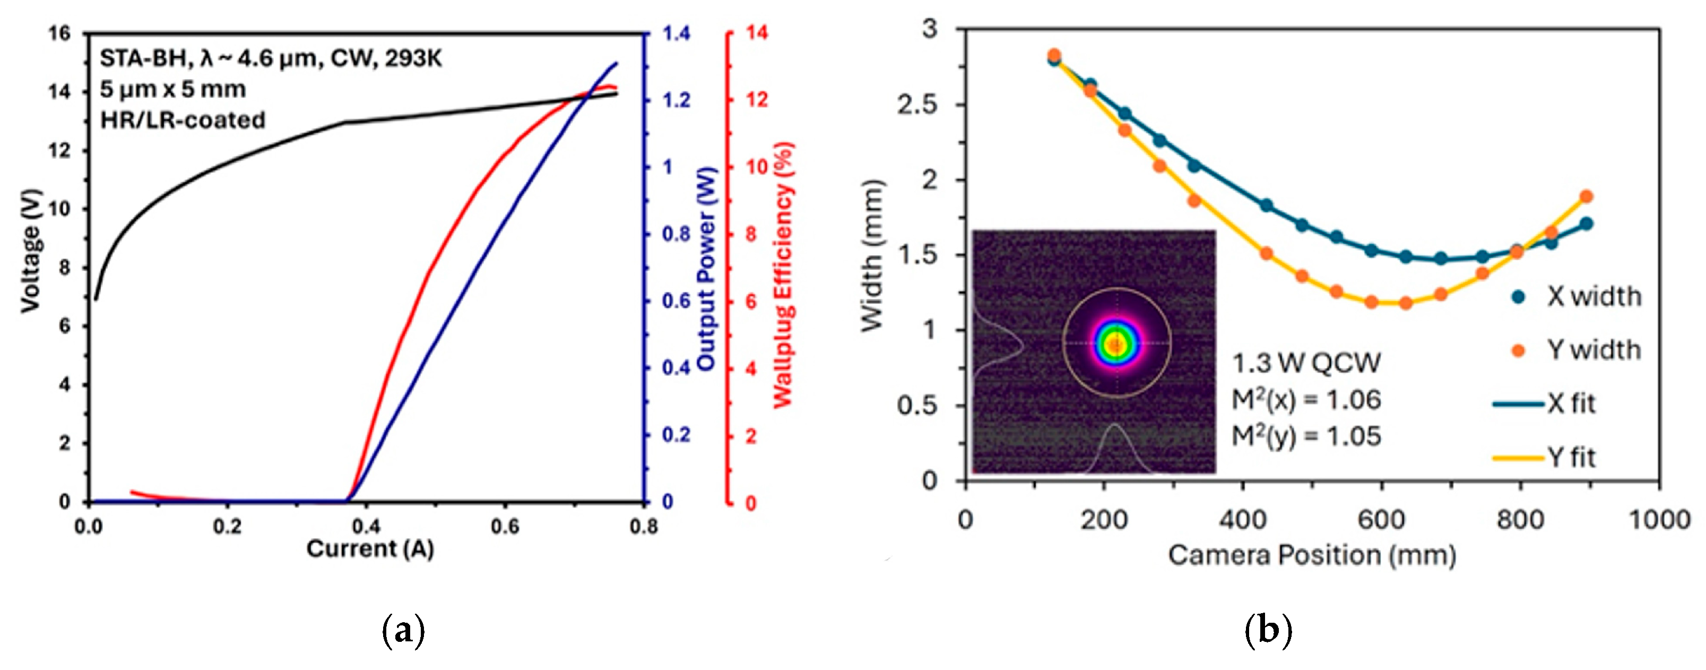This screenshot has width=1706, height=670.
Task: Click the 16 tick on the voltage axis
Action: (x=59, y=33)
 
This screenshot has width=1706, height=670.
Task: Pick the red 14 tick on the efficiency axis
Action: (x=757, y=33)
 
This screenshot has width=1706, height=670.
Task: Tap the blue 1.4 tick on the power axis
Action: (x=676, y=33)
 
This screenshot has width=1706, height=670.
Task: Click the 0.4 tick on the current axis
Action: (x=366, y=527)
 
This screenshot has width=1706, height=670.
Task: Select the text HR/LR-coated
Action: (x=183, y=120)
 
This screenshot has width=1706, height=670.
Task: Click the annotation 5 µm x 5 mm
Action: (x=173, y=89)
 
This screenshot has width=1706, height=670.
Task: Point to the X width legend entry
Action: (x=1594, y=296)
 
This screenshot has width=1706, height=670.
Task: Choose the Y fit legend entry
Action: (x=1571, y=457)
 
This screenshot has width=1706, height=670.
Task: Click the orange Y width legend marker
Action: (x=1519, y=350)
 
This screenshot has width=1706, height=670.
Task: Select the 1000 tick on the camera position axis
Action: (x=1659, y=520)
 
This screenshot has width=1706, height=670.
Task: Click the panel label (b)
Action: (x=1268, y=629)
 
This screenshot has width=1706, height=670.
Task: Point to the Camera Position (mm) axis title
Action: (x=1311, y=555)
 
